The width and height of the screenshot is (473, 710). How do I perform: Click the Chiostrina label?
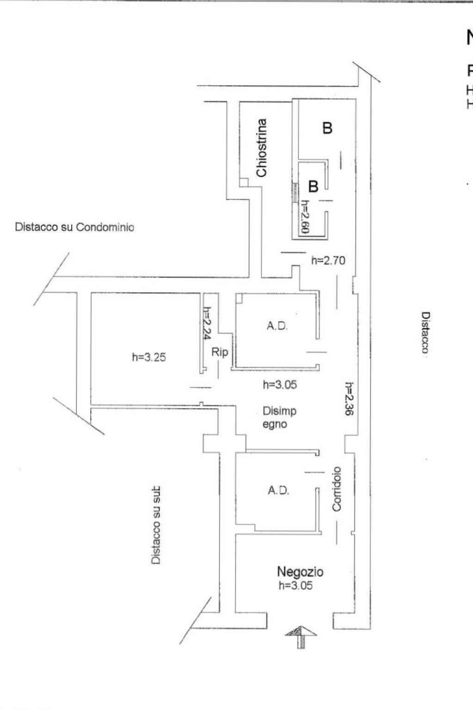pyautogui.click(x=262, y=148)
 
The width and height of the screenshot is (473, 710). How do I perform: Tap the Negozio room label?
pyautogui.click(x=300, y=572)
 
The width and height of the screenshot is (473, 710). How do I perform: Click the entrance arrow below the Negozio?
pyautogui.click(x=301, y=636)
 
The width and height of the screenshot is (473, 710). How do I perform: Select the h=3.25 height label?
pyautogui.click(x=149, y=357)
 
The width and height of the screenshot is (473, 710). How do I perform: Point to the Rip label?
pyautogui.click(x=220, y=352)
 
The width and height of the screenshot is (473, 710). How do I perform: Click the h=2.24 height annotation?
pyautogui.click(x=207, y=324)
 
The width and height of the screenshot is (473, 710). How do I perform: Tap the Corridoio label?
pyautogui.click(x=337, y=488)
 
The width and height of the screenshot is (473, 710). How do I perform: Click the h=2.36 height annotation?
pyautogui.click(x=350, y=398)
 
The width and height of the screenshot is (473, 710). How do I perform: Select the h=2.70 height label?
pyautogui.click(x=328, y=260)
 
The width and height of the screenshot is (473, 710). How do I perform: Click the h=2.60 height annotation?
pyautogui.click(x=305, y=216)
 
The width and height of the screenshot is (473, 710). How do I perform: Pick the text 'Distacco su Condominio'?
pyautogui.click(x=74, y=227)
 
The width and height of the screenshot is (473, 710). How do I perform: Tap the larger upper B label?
pyautogui.click(x=327, y=128)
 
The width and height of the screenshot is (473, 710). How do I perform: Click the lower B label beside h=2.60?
pyautogui.click(x=313, y=186)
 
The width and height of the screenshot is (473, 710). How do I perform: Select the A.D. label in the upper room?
pyautogui.click(x=277, y=326)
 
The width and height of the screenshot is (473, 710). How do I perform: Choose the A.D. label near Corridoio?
pyautogui.click(x=278, y=490)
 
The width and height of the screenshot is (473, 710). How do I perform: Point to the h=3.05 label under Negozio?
pyautogui.click(x=295, y=586)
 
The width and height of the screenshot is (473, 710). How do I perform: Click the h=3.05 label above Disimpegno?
pyautogui.click(x=280, y=384)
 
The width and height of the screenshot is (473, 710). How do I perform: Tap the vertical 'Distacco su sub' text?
pyautogui.click(x=156, y=525)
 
